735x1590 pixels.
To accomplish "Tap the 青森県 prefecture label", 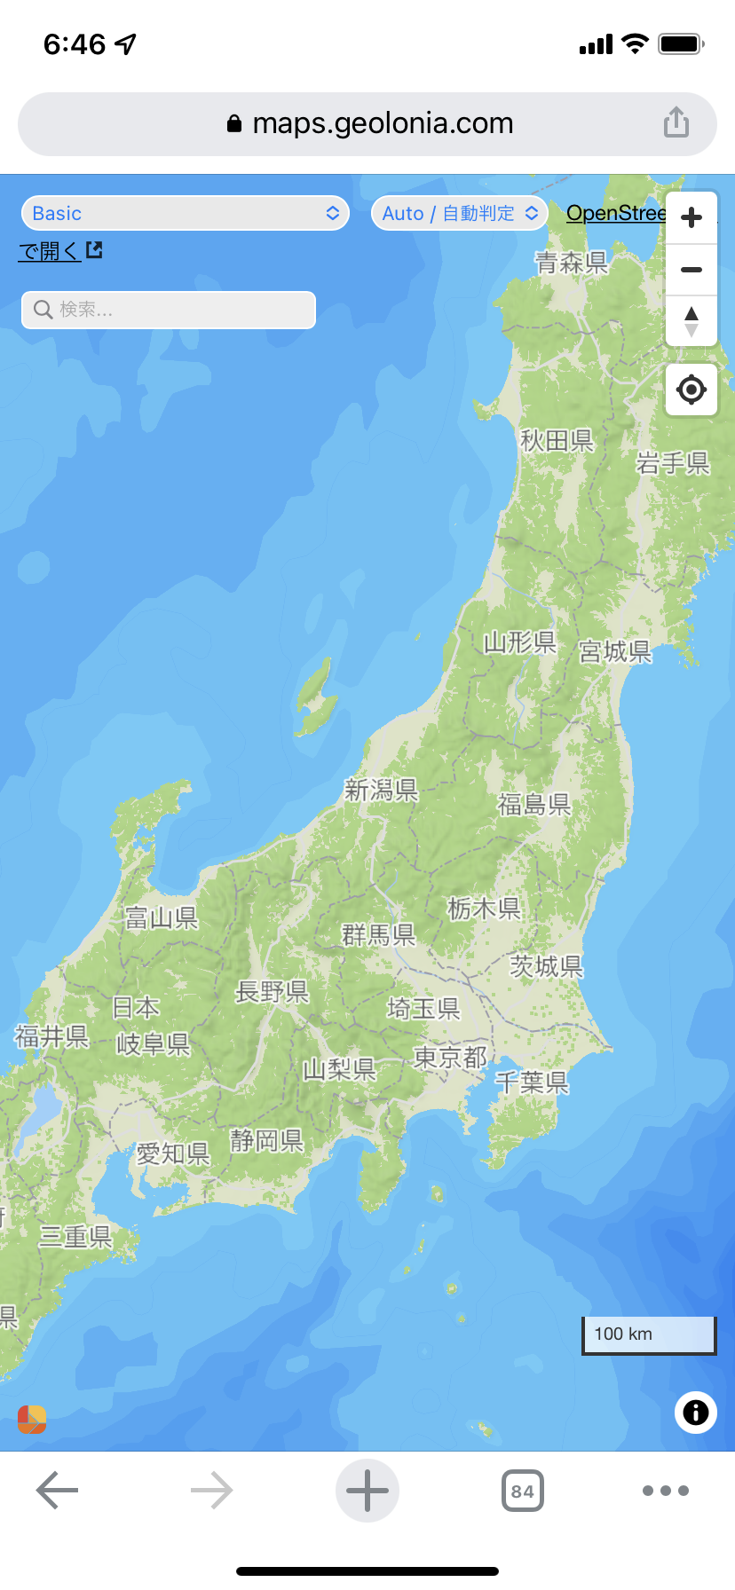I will [571, 263].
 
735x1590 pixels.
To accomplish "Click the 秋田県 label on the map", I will [557, 440].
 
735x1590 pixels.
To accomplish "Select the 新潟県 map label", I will [381, 790].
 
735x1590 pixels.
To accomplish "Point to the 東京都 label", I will [450, 1058].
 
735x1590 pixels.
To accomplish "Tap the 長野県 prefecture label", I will [272, 991].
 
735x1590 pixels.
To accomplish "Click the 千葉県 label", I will [531, 1082].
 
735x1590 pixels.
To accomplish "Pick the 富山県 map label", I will [161, 917].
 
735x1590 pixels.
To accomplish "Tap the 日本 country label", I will [136, 1008].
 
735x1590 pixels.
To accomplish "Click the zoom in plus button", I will [692, 217].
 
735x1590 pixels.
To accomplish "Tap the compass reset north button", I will [692, 321].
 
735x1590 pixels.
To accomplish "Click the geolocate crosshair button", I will [692, 390].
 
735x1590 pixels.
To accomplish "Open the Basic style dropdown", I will [185, 213].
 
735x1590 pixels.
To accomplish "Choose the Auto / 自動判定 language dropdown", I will [459, 213].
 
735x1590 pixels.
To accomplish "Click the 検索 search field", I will [169, 310].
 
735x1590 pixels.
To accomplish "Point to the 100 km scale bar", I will [649, 1334].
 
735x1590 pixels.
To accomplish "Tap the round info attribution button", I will [695, 1412].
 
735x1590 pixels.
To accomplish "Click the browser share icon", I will [676, 122].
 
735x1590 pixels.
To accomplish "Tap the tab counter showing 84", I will [523, 1491].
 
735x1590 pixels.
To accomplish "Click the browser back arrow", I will [58, 1491].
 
